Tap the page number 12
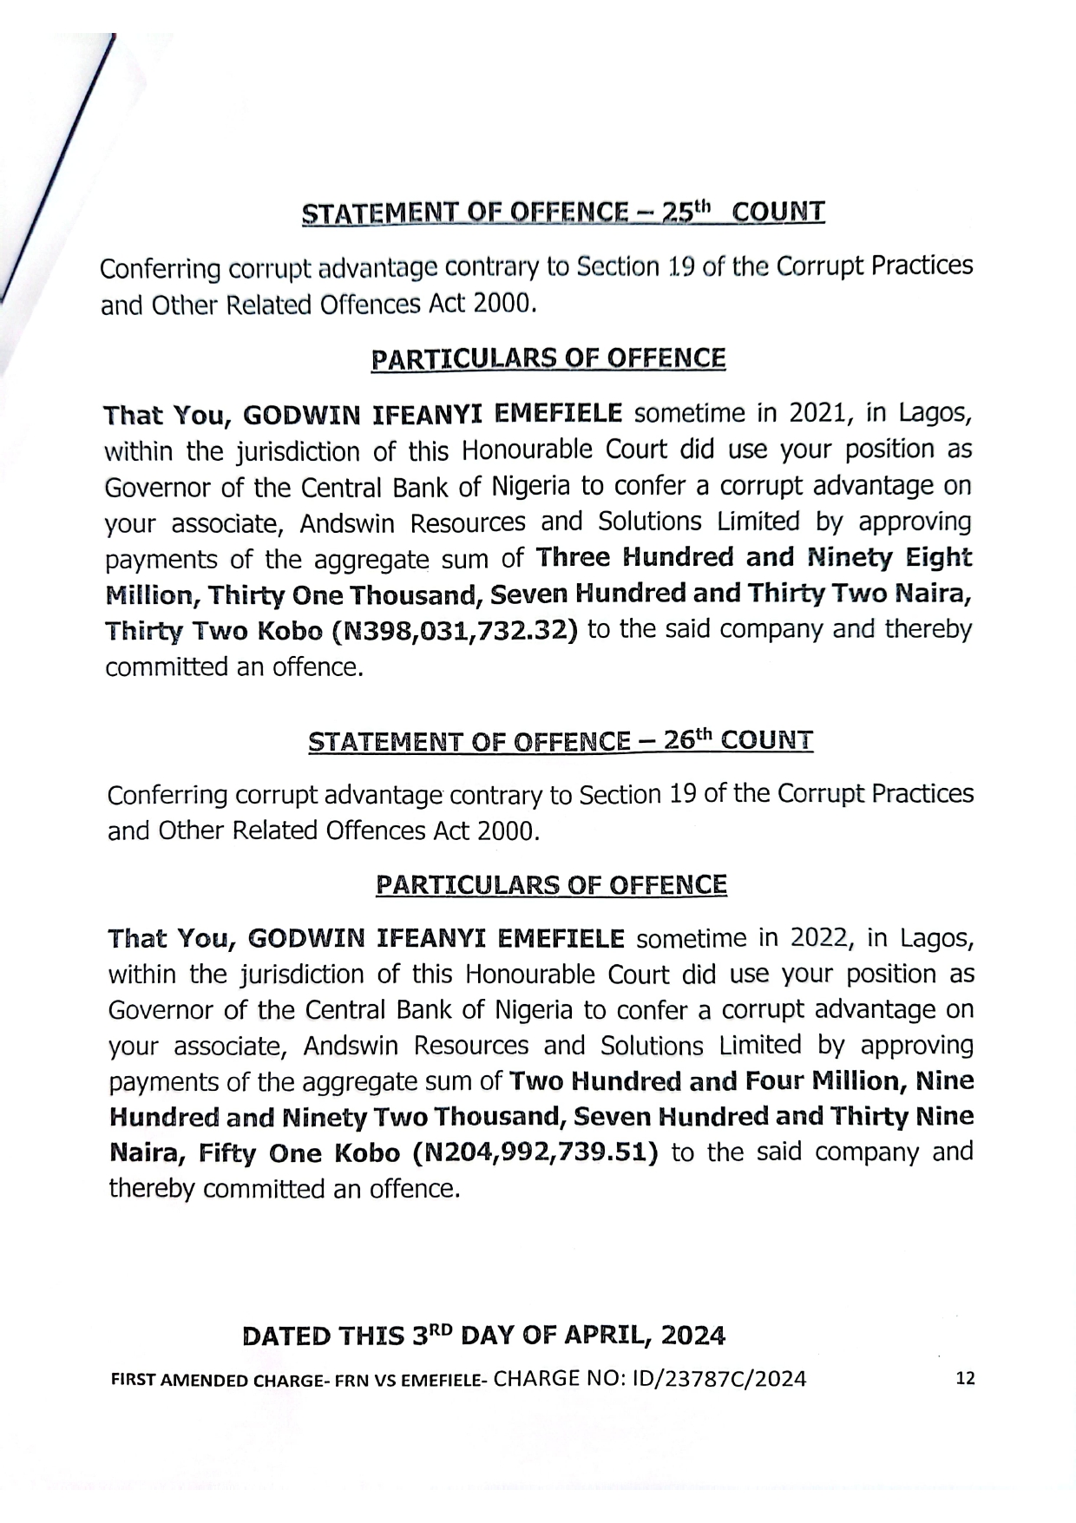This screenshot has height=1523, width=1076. (965, 1379)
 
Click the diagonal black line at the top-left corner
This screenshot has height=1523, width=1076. (61, 165)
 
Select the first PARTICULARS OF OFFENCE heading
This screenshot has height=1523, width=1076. (548, 358)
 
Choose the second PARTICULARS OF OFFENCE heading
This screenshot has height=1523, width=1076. (551, 884)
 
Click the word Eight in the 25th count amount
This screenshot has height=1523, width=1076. (939, 557)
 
